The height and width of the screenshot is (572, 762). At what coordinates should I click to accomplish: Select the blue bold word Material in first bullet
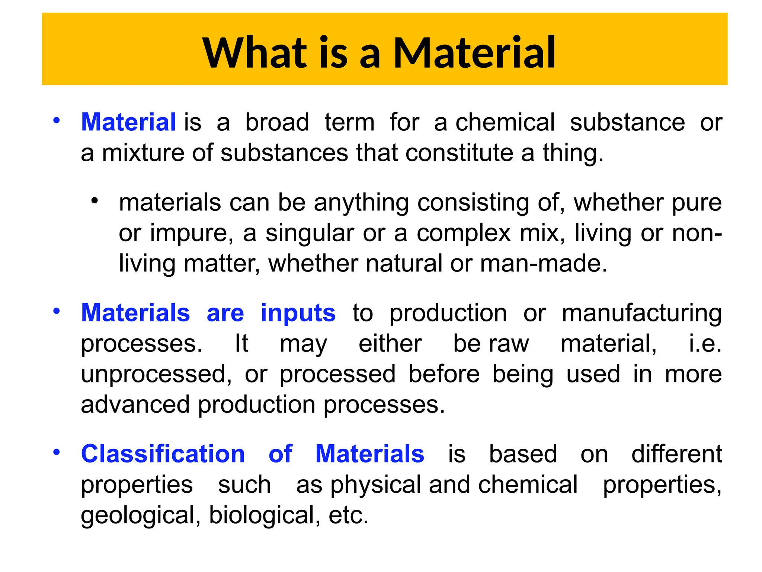[x=128, y=122]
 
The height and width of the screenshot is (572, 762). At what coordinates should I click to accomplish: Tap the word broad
[x=277, y=122]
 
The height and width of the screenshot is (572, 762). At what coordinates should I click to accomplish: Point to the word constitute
[x=459, y=153]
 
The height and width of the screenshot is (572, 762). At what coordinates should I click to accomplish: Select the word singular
[x=310, y=234]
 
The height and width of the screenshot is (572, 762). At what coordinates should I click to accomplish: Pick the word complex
[x=464, y=234]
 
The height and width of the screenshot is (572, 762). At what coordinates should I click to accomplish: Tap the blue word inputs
[x=298, y=313]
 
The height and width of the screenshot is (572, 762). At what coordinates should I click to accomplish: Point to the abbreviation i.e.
[x=705, y=343]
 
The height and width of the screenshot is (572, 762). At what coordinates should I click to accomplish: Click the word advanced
[x=135, y=404]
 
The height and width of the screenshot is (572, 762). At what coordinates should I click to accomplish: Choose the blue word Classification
[x=163, y=454]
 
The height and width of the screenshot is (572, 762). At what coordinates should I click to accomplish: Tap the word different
[x=676, y=454]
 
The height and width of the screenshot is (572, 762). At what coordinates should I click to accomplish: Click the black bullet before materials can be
[x=95, y=201]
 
